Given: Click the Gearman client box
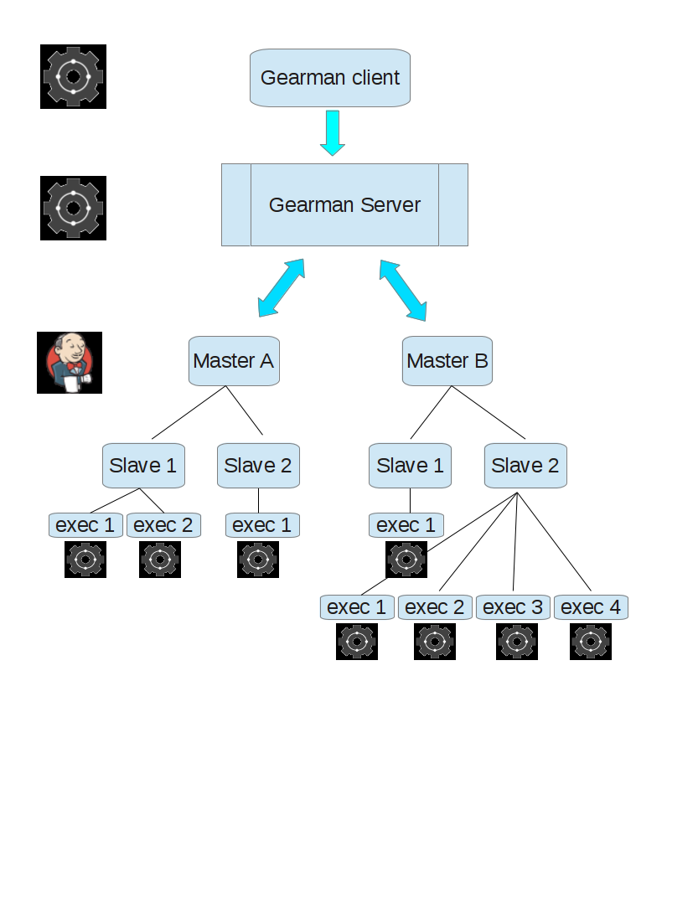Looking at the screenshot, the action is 330,78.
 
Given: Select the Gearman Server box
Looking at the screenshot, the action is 345,205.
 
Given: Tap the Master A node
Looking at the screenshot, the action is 234,361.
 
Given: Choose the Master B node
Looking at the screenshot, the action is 447,361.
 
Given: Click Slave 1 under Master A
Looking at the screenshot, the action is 143,466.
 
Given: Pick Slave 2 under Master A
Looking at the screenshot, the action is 258,466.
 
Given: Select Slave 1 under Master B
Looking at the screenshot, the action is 410,466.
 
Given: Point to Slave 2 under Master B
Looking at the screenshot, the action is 525,466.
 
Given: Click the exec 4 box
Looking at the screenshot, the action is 591,607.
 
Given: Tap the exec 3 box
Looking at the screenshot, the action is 513,607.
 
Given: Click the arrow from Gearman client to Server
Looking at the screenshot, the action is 333,133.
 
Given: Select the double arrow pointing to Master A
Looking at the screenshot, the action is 281,288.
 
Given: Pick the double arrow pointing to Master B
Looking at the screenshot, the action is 403,290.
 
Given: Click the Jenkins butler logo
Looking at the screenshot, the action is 70,363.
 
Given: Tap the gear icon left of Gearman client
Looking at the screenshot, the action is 73,76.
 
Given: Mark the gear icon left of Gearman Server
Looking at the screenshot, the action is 73,208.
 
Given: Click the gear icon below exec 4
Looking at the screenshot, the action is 591,642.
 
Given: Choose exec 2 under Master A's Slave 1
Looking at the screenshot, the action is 163,525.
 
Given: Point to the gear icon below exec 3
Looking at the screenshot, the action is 517,642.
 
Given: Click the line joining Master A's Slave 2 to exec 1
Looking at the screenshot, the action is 259,500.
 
